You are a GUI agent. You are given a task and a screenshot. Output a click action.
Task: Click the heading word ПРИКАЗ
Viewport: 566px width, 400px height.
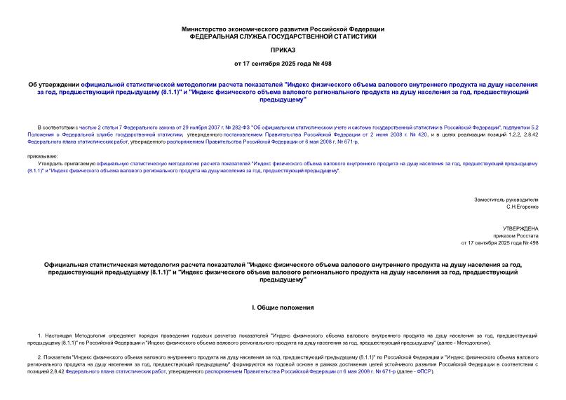click(283, 50)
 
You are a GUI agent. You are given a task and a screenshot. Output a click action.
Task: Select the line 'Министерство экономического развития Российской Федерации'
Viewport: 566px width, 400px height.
click(283, 29)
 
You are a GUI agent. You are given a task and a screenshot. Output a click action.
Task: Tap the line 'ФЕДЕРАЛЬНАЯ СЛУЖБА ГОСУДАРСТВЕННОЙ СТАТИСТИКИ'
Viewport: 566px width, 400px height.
click(283, 36)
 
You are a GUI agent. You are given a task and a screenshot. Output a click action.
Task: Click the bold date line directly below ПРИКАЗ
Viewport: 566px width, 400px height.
click(283, 64)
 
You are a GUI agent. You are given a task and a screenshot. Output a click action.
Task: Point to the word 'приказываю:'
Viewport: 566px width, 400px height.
click(43, 156)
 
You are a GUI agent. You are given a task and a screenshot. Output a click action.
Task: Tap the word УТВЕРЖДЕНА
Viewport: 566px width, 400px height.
click(520, 228)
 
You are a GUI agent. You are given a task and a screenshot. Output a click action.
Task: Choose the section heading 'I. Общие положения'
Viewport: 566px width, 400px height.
click(283, 308)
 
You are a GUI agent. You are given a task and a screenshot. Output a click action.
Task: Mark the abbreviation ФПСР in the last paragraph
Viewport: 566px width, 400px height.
click(424, 371)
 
